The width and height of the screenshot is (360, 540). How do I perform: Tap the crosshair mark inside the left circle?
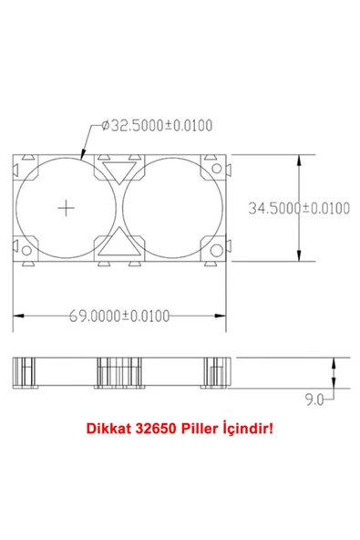tap(66, 208)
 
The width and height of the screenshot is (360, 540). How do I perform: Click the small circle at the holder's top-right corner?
tap(216, 169)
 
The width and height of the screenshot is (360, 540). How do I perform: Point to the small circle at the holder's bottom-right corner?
tap(216, 251)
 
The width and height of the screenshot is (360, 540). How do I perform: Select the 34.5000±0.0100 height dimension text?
tap(299, 208)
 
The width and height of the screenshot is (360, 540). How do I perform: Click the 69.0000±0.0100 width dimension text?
tap(121, 316)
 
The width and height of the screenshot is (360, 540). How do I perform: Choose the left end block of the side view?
tap(26, 372)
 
